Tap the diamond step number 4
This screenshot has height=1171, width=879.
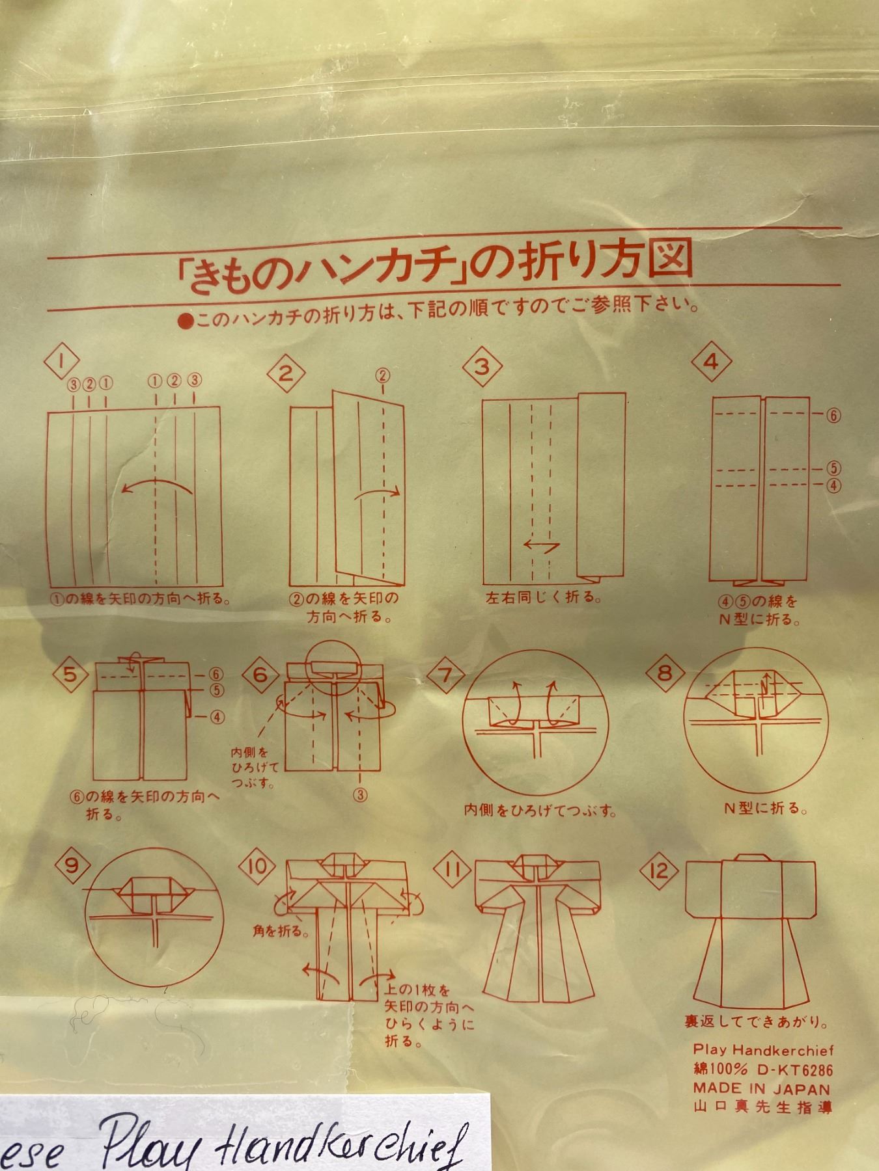[712, 362]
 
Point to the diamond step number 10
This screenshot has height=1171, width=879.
[257, 867]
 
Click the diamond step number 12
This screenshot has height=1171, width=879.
[659, 870]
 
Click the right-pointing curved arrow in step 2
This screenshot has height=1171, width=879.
[377, 492]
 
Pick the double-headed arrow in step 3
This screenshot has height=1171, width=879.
[542, 545]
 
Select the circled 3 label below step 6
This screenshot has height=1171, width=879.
[360, 794]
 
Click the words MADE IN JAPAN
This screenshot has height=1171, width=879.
[760, 1088]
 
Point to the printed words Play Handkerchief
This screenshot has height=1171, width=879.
[762, 1049]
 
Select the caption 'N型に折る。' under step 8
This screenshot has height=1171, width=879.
[766, 809]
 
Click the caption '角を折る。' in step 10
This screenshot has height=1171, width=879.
[281, 931]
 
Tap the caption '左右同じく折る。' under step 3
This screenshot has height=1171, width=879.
[543, 597]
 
